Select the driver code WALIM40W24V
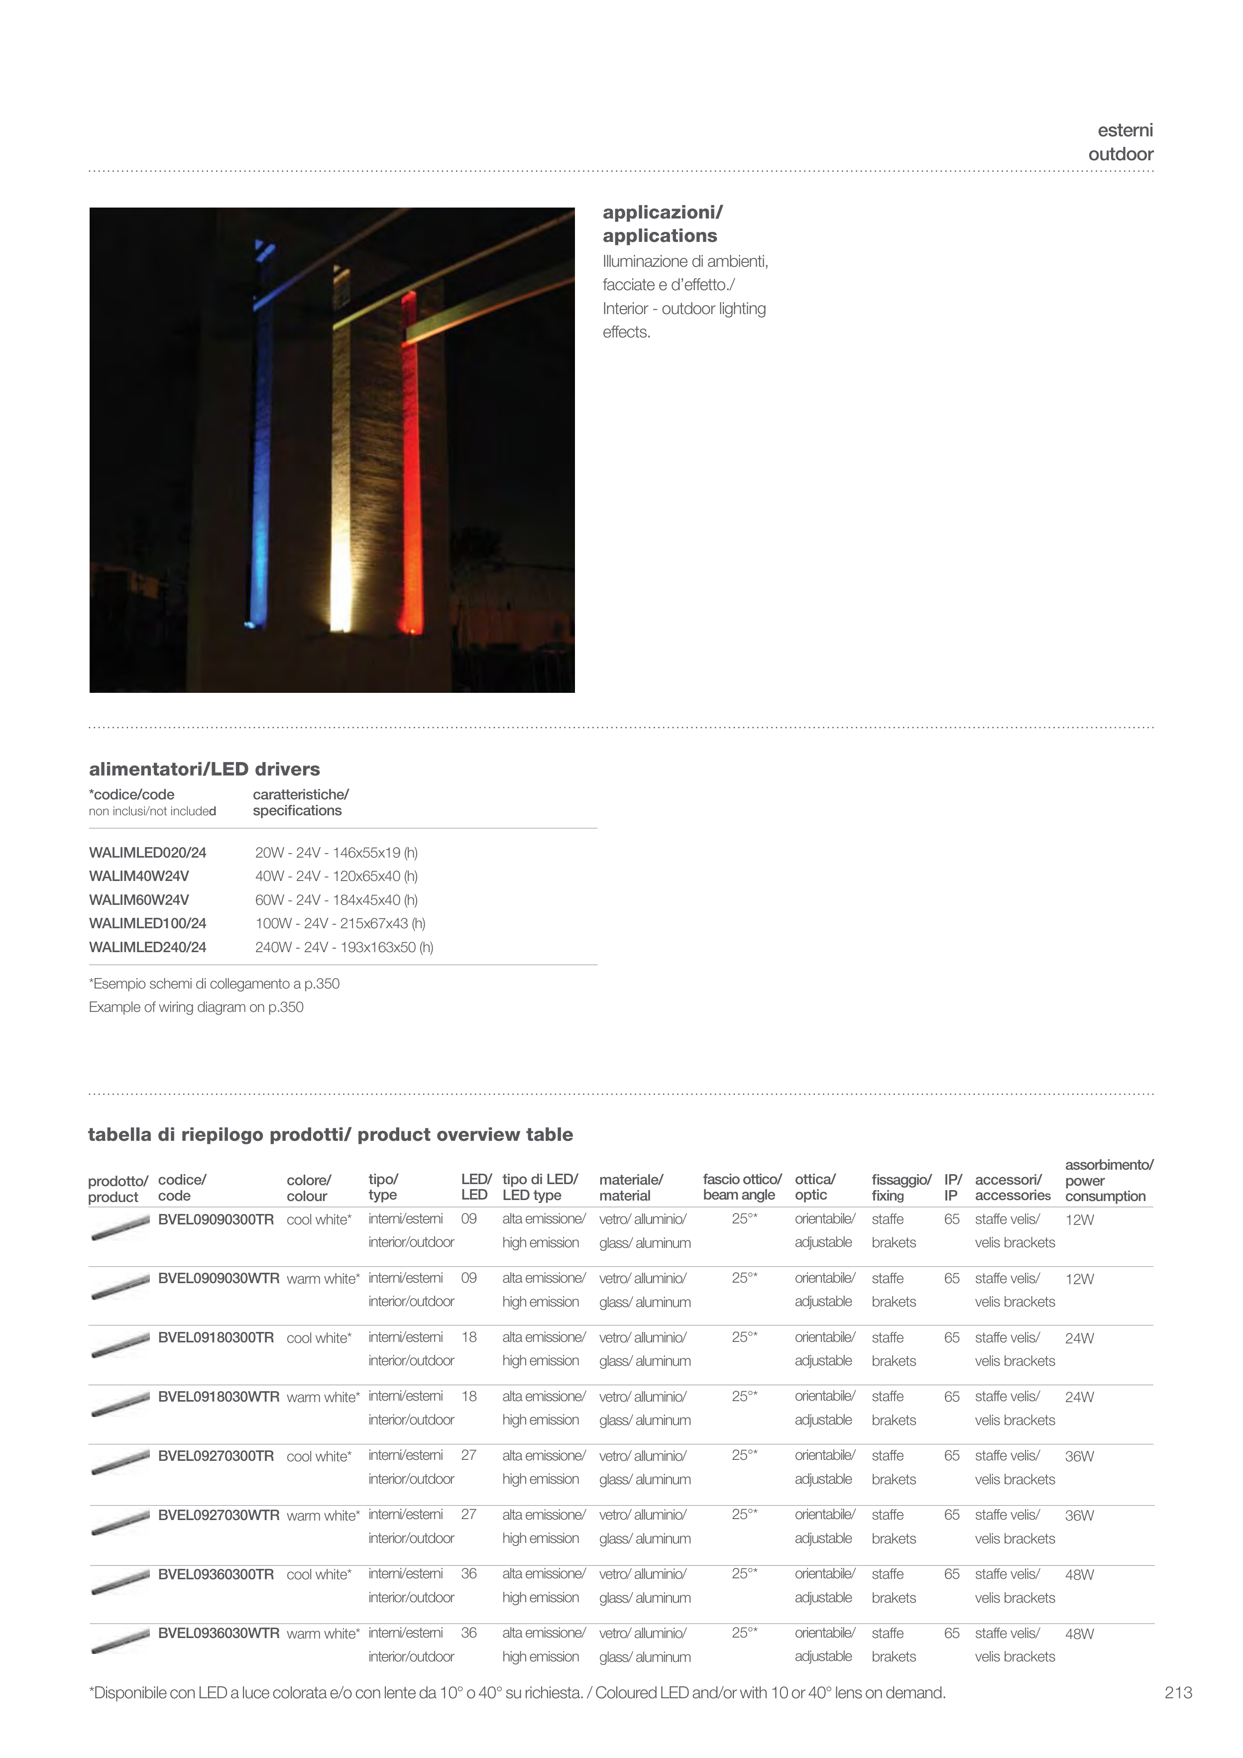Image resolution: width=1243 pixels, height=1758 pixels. tap(138, 876)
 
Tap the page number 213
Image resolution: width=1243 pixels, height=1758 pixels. tap(1178, 1692)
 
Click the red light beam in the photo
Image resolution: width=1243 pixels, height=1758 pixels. tap(411, 459)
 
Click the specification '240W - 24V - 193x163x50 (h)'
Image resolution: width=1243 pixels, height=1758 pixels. tap(344, 947)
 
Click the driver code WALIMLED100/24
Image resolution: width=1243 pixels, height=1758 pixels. tap(147, 923)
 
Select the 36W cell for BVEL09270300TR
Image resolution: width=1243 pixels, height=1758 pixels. tap(1079, 1456)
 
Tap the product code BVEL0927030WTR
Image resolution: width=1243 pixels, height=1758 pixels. tap(218, 1515)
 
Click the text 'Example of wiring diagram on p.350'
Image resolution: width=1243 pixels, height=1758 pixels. tap(196, 1007)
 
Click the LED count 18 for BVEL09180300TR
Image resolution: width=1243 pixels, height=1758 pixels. tap(469, 1337)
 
